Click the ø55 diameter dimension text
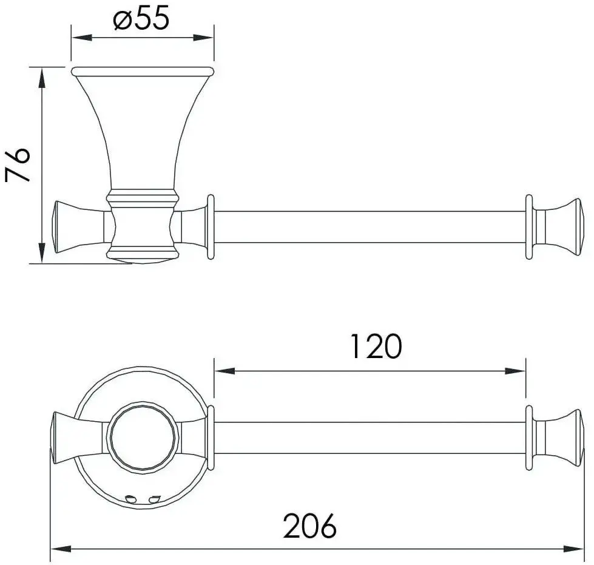(x=141, y=19)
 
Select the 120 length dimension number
(x=376, y=346)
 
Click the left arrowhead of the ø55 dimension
(x=78, y=38)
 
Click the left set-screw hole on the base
(x=130, y=499)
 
